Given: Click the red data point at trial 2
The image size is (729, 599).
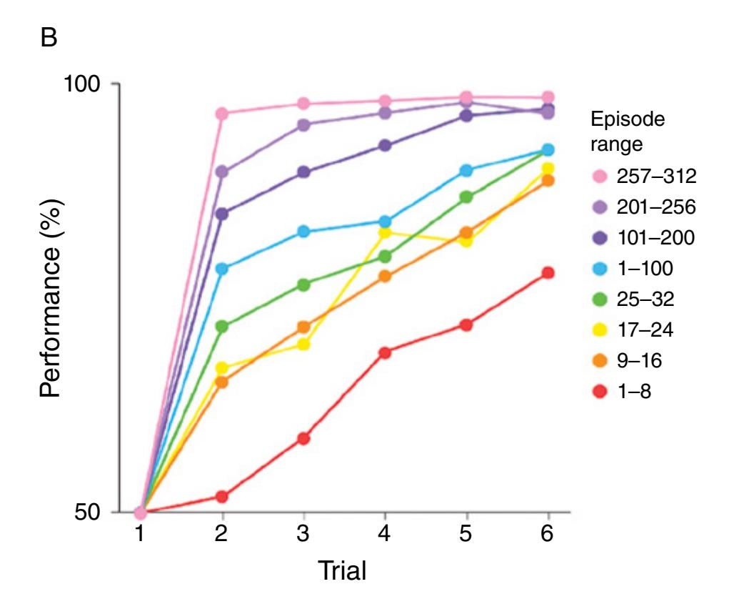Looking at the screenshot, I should tap(222, 496).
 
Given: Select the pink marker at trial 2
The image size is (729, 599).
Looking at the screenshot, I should tap(222, 114).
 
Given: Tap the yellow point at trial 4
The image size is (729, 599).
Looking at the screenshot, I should tap(386, 232).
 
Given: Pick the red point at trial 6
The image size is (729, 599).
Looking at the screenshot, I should tap(548, 273).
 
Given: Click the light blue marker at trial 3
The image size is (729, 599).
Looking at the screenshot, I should tap(303, 232).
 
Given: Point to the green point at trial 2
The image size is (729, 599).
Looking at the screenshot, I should tap(222, 326).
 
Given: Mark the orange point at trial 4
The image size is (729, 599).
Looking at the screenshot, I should tap(386, 276).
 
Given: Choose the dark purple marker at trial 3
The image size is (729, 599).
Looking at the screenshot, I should tap(303, 172).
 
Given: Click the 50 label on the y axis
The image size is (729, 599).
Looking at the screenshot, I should tap(93, 513).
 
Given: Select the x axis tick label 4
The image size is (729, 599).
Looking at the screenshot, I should tap(386, 535).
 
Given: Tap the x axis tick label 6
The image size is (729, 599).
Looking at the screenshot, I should tap(548, 535).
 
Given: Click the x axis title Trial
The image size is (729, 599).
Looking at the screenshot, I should tap(345, 570).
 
